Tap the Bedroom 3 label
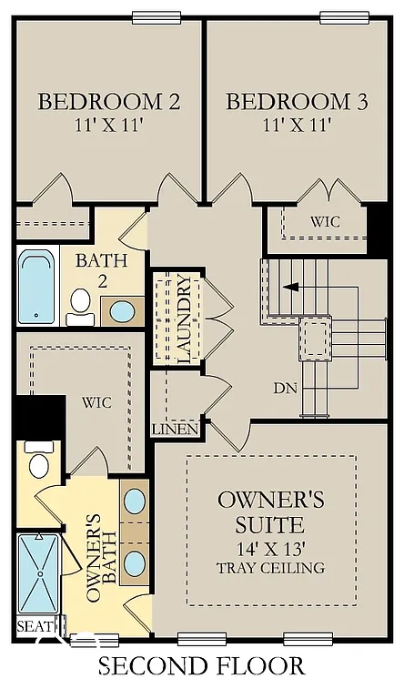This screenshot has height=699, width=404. point(297,101)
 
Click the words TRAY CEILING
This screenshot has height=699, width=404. point(270,568)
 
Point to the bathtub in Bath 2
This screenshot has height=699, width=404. point(37,286)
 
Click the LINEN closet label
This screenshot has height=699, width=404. point(170,429)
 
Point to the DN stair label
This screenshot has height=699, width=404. point(286,388)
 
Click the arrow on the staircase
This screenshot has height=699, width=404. point(289,287)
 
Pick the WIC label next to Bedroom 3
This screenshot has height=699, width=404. point(324,221)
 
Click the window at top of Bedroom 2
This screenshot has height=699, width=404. point(156,17)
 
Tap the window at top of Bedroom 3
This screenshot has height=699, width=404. point(344,17)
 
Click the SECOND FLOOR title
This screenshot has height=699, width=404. point(202,667)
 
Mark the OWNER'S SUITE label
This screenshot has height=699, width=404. point(270,512)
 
